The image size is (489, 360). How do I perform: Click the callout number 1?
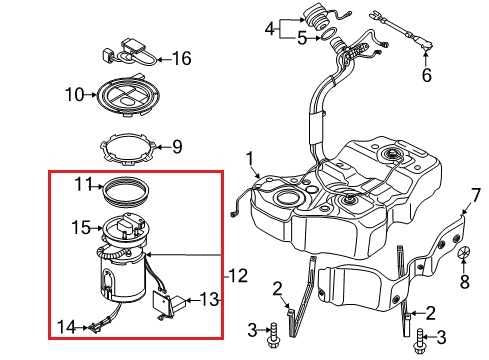pos(251,158)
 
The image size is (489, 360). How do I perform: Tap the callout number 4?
pos(269,29)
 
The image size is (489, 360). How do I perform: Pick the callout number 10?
pos(74,95)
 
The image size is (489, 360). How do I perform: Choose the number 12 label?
pos(237,275)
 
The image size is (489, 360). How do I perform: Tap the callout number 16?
pos(180,59)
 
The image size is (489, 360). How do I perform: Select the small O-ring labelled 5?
pos(327,39)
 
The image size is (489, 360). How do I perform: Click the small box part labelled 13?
pos(163,299)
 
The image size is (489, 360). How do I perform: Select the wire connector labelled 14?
pos(95,323)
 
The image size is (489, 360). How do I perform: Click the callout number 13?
pos(207,299)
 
